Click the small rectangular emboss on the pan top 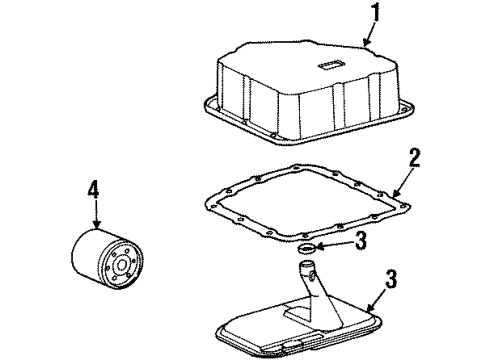(328, 69)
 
